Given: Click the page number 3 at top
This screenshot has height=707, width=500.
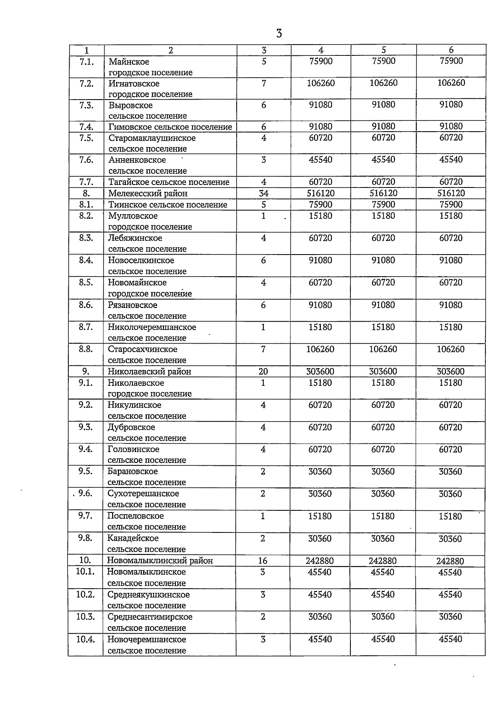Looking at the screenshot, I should [x=279, y=33].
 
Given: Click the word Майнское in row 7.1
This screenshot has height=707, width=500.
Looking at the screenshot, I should [x=129, y=62].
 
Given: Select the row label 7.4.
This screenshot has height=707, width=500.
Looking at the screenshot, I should [x=86, y=127].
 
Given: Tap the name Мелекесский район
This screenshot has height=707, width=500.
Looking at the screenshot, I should [x=147, y=193].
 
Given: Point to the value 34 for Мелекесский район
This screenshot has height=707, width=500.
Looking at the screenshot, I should [x=263, y=193].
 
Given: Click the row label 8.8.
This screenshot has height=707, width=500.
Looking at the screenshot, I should [x=86, y=349].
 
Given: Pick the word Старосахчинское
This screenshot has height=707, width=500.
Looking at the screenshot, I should [x=142, y=349].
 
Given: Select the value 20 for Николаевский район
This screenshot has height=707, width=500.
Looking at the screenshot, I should [x=263, y=372].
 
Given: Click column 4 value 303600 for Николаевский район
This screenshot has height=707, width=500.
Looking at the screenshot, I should [x=320, y=372].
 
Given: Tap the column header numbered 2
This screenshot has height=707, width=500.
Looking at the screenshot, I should [x=170, y=50].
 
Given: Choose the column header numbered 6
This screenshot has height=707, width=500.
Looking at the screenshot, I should [x=451, y=50].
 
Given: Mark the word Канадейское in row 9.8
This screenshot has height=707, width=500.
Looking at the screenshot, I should [x=133, y=538].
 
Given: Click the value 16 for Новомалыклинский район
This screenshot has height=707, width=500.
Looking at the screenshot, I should [x=262, y=561].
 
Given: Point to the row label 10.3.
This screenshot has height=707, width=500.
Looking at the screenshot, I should [x=85, y=617].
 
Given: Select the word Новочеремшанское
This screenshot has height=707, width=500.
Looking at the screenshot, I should [x=147, y=639].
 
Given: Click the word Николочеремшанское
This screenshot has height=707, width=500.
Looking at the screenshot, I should [x=152, y=327].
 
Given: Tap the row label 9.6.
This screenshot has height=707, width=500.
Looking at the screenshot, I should [x=85, y=494].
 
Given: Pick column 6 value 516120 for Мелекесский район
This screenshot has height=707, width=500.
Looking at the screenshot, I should [x=451, y=193].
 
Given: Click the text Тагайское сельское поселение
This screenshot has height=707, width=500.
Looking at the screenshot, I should [x=169, y=182].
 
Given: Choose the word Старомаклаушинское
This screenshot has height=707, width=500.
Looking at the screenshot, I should [x=152, y=138].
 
